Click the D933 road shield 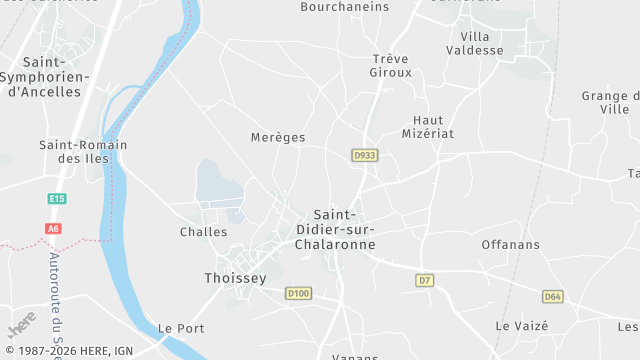(x=365, y=155)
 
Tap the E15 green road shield (x=56, y=199)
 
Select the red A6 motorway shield (x=53, y=229)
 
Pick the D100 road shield (x=298, y=293)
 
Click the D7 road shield (x=425, y=280)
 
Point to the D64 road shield (x=553, y=296)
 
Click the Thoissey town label (x=235, y=278)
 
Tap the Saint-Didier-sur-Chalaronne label (x=344, y=229)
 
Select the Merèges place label (x=278, y=137)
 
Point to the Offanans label (x=510, y=244)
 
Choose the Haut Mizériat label (x=427, y=126)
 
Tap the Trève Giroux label (x=391, y=65)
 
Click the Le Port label (x=181, y=328)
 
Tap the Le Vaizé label (x=522, y=326)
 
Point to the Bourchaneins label (x=344, y=6)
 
